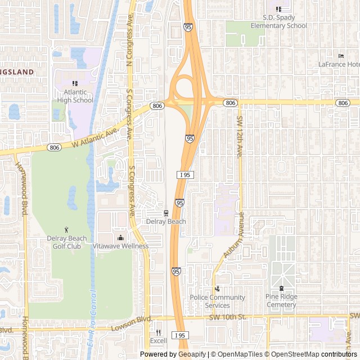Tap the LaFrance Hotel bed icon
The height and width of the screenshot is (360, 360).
(341, 56)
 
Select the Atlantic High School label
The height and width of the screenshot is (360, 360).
(75, 96)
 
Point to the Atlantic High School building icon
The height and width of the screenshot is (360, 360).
(75, 83)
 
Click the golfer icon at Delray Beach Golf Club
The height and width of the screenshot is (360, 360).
(67, 229)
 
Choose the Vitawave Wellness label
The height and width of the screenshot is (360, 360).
(120, 246)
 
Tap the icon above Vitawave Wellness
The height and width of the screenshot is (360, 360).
(120, 237)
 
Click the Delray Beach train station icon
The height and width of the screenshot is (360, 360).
(166, 213)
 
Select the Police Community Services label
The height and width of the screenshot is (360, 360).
(217, 301)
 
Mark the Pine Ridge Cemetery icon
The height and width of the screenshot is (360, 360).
(281, 289)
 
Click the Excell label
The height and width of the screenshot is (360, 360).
(158, 341)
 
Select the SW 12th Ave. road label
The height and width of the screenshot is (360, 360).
(239, 137)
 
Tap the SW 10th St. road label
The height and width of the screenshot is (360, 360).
(228, 317)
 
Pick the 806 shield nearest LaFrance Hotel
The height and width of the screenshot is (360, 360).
(343, 103)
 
